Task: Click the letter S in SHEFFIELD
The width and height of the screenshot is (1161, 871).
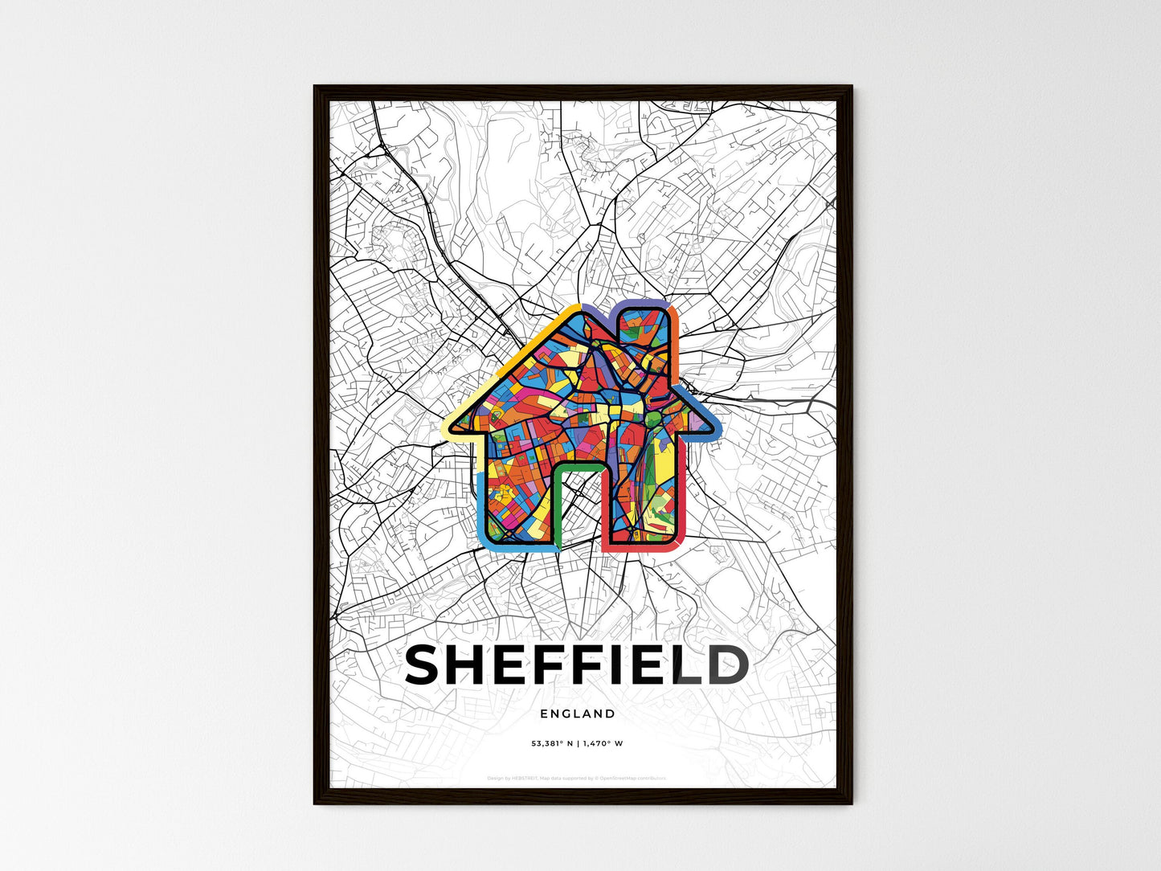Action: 427,665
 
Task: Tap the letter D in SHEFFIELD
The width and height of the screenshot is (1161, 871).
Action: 727,665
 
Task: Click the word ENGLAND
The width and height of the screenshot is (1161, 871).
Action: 578,714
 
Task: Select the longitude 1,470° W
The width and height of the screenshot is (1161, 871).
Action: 605,743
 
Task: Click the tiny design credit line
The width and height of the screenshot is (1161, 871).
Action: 577,778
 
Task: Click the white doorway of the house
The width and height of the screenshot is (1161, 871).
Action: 578,506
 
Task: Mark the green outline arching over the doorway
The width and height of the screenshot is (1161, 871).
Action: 578,465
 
